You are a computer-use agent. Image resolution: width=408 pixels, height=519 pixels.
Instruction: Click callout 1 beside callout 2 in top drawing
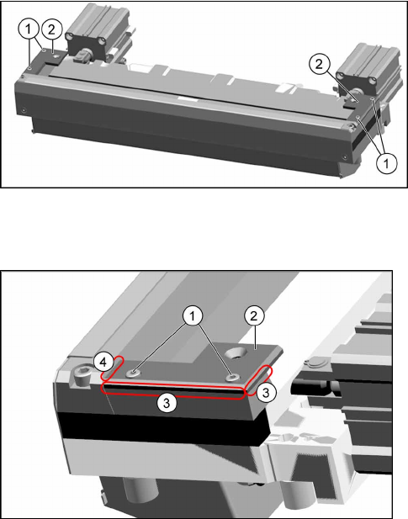coord(28,29)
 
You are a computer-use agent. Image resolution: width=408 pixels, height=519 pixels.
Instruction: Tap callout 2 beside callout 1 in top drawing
coord(51,29)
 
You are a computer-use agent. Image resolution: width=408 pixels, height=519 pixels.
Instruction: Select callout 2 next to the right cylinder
coord(319,64)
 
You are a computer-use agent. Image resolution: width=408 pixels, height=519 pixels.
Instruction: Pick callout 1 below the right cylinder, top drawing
coord(386,163)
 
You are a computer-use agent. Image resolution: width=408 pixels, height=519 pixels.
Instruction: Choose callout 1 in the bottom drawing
coord(193,316)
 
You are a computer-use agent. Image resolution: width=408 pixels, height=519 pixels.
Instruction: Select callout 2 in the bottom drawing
coord(254,315)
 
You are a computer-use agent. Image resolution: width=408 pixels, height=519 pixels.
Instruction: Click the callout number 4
coord(103,363)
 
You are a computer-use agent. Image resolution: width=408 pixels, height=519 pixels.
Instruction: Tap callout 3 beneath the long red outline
coord(167,402)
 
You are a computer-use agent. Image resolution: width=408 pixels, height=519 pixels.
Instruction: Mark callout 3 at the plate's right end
coord(266,393)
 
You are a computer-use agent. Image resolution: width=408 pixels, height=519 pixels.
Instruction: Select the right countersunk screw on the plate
coord(232,377)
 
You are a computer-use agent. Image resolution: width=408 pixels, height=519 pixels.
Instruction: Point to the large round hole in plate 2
coord(237,353)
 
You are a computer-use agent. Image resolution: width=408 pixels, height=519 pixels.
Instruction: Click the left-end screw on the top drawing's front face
coord(24,110)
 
